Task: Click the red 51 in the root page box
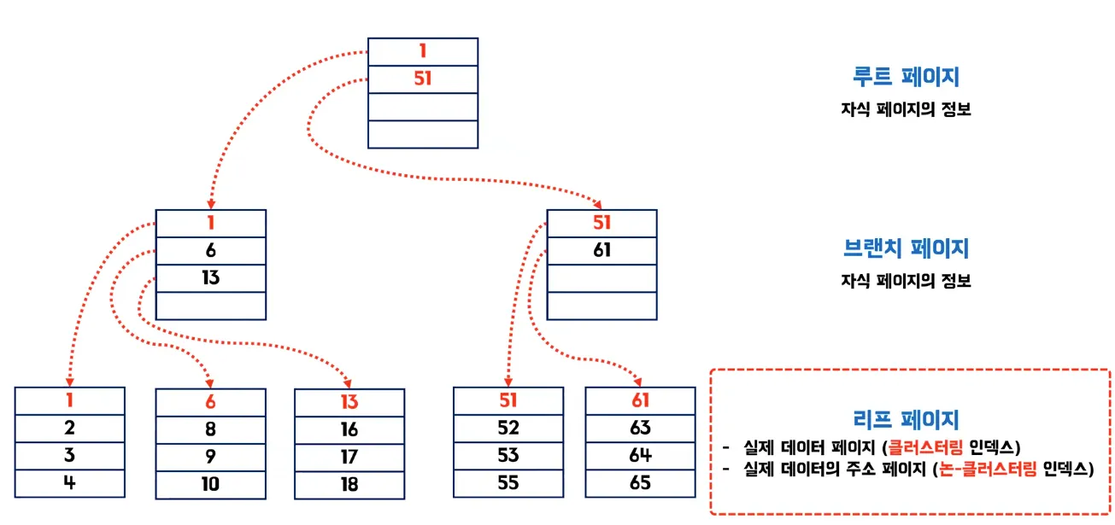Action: coord(422,79)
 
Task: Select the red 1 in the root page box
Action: coord(422,51)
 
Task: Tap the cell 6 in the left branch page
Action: coord(211,250)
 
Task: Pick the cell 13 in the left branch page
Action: coord(211,277)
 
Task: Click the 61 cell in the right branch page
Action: coord(602,250)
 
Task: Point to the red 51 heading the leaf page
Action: coord(508,400)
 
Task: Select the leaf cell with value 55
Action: coord(508,482)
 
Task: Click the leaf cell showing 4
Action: coord(70,482)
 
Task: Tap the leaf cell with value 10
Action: coord(210,484)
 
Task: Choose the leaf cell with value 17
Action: coord(349,457)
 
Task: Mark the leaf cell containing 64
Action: coord(640,455)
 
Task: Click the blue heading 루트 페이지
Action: coord(906,77)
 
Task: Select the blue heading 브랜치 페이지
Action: coord(906,248)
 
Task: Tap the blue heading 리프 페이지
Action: coord(906,419)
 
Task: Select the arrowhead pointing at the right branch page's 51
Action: coord(601,204)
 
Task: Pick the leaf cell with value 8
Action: coord(210,429)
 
